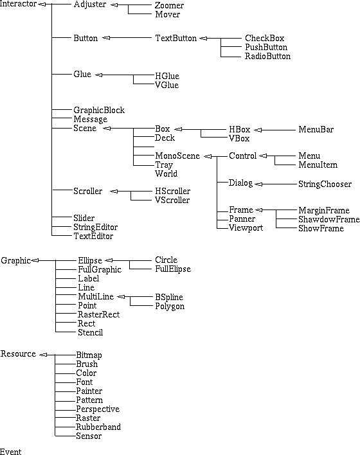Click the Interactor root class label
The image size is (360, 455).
tap(18, 4)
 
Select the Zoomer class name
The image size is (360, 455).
tap(169, 5)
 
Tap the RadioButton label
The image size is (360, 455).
tap(267, 56)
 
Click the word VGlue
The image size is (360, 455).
tap(167, 85)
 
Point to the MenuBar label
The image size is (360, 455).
tap(316, 129)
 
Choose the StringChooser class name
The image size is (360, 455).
tap(325, 184)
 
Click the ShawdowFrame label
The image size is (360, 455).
tap(329, 219)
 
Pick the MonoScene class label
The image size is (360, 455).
tap(177, 156)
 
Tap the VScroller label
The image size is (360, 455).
tap(172, 200)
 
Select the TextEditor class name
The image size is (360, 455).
tap(93, 236)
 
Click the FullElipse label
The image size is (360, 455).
tap(173, 269)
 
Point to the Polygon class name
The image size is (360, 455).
tap(170, 306)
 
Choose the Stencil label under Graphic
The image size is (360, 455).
tap(90, 332)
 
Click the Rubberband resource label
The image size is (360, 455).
tap(98, 427)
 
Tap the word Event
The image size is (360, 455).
tap(11, 452)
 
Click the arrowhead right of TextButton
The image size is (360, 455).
tap(203, 38)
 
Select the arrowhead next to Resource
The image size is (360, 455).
tap(43, 355)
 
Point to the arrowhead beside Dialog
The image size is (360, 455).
tap(258, 184)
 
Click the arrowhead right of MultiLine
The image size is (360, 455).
tap(121, 296)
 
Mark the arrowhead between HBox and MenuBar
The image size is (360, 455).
tap(258, 130)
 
